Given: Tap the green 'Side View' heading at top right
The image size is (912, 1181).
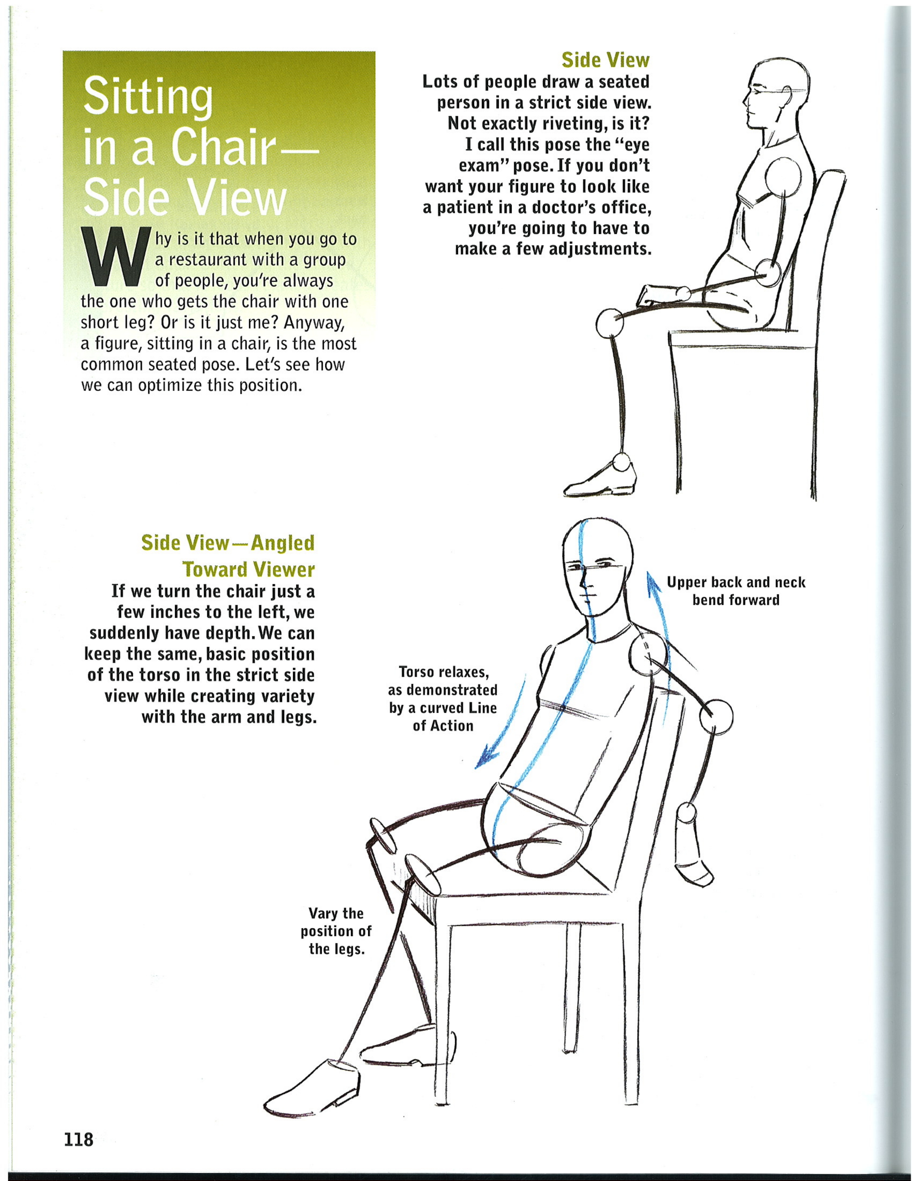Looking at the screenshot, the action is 605,60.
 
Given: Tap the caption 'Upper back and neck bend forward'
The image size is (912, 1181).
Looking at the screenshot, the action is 736,591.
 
